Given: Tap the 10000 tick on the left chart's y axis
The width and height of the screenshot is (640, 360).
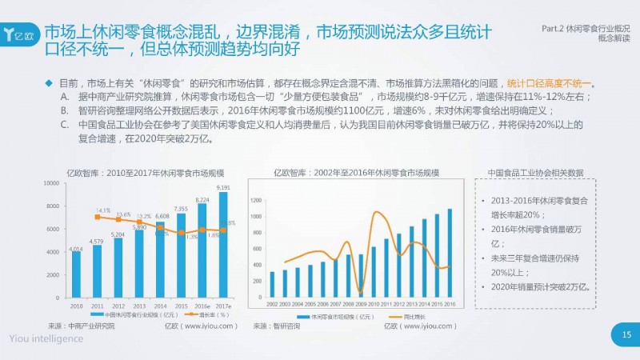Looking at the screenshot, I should (52, 183).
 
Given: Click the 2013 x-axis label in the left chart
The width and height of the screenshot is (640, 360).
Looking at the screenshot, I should (139, 306).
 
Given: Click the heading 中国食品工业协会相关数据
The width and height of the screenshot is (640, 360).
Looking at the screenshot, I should (546, 172).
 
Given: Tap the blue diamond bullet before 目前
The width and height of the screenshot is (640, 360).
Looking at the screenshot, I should (49, 82).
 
